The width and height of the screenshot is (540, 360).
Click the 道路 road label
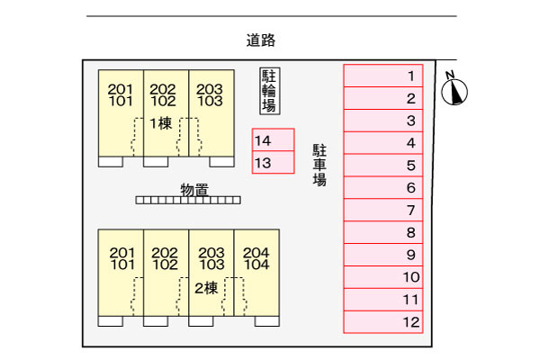261,40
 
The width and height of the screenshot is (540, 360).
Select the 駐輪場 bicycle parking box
270,91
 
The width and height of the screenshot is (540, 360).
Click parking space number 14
273,139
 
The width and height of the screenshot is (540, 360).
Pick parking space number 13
273,162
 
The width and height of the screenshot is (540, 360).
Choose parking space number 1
383,76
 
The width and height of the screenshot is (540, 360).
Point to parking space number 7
383,210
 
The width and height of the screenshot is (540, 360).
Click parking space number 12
383,322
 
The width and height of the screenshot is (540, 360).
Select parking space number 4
383,142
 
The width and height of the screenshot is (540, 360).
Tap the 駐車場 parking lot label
319,165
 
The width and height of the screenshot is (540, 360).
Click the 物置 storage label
194,190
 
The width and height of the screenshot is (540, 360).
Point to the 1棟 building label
161,123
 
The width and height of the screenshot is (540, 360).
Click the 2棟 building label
206,288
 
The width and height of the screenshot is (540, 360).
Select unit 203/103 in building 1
211,113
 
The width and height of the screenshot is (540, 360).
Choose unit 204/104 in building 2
256,273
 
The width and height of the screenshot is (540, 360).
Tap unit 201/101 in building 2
121,273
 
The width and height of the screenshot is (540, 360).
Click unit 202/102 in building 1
166,113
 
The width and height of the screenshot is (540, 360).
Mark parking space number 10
383,277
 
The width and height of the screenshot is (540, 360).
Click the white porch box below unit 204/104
267,321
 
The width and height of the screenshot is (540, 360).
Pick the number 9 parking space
383,255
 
